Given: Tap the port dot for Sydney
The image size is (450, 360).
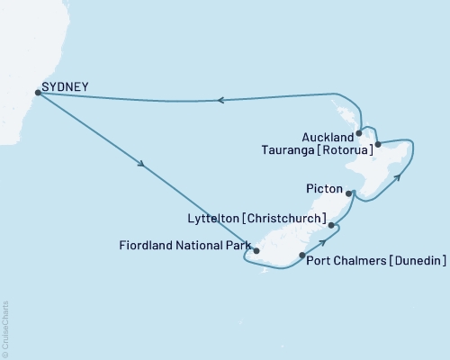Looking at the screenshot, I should click(x=37, y=91).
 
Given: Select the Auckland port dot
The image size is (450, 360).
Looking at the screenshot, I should click(x=359, y=132).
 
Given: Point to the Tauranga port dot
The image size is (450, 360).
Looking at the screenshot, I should click(x=378, y=144).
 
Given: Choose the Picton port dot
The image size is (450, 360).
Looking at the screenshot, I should click(x=349, y=193).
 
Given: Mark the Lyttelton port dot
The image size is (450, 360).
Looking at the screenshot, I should click(x=331, y=225).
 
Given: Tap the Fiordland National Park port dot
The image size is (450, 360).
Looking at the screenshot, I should click(x=256, y=251).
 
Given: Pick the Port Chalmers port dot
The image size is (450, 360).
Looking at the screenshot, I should click(x=301, y=256).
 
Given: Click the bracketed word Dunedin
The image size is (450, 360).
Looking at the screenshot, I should click(x=417, y=262).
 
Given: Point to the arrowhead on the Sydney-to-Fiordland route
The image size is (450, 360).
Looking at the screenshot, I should click(x=141, y=166).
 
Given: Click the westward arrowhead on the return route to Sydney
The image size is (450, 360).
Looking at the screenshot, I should click(x=223, y=101).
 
